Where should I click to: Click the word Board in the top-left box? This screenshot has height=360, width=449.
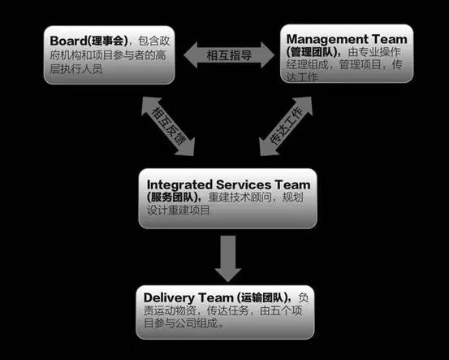(x=68, y=41)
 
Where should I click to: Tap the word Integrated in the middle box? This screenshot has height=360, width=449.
(x=179, y=184)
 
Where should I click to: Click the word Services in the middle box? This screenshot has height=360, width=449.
(x=244, y=184)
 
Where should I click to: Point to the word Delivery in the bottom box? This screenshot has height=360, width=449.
(x=169, y=298)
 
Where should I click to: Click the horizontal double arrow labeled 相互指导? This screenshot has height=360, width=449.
(x=229, y=55)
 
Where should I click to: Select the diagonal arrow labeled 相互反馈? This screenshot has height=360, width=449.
(x=168, y=127)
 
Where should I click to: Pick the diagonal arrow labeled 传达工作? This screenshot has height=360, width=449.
(x=286, y=126)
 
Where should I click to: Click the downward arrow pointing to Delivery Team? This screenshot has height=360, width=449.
(x=228, y=258)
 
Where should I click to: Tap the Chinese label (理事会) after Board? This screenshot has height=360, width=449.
(x=108, y=41)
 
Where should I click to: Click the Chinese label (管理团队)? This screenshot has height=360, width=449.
(x=314, y=52)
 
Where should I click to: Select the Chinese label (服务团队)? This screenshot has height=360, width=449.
(x=175, y=197)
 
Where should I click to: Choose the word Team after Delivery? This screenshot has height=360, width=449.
(x=216, y=297)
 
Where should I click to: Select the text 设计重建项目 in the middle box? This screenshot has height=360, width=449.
(x=179, y=210)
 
